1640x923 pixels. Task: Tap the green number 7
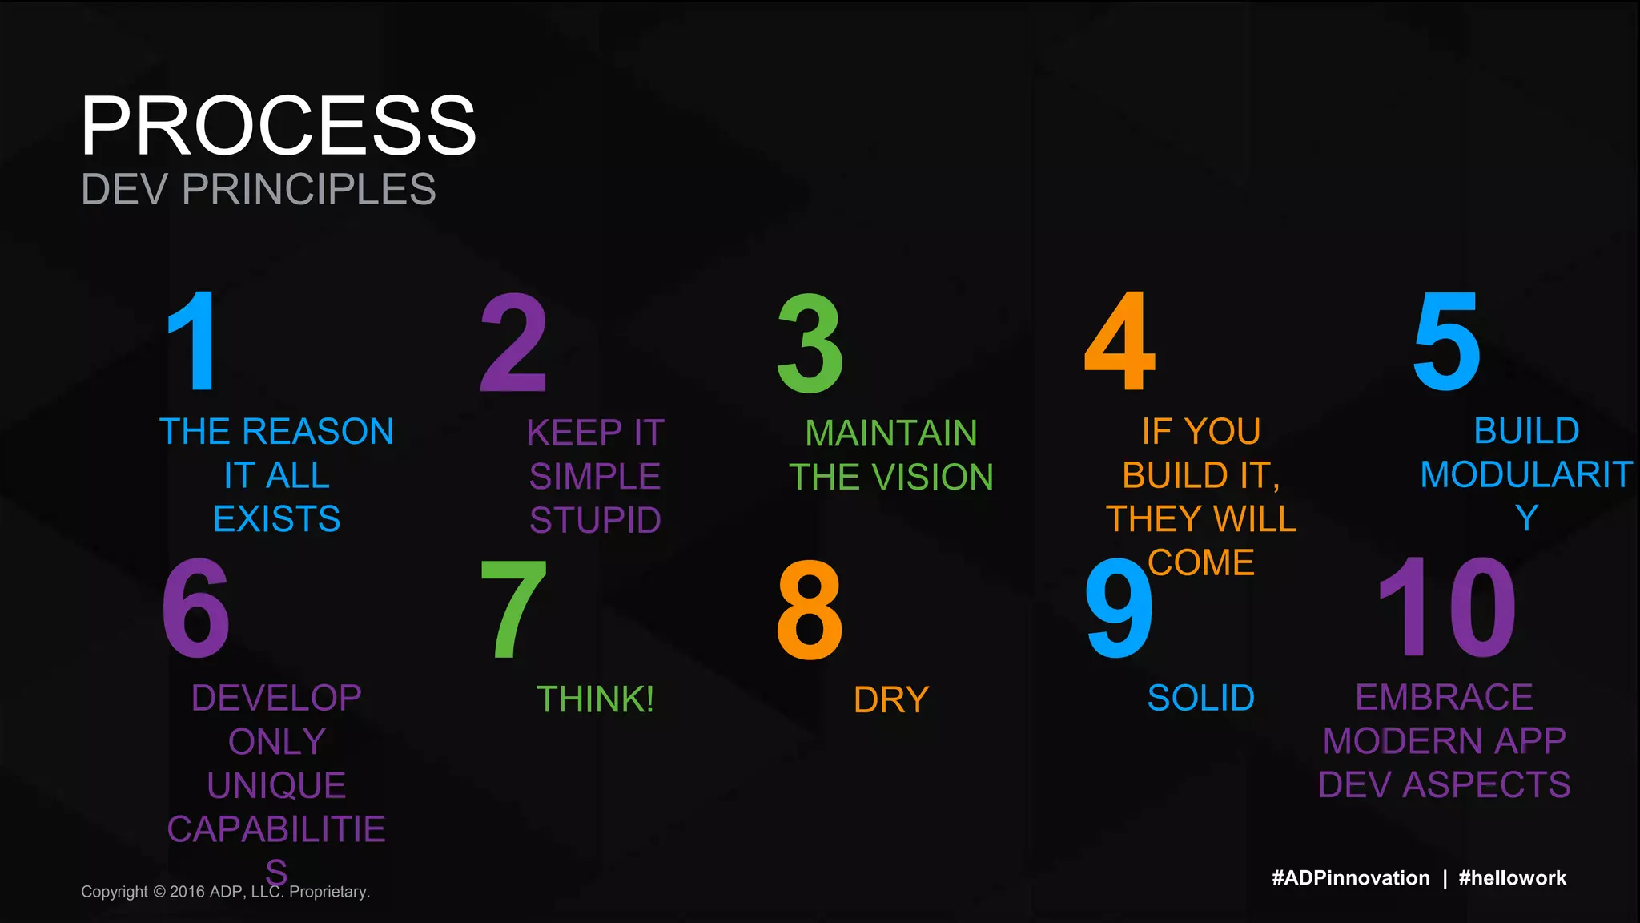(x=513, y=609)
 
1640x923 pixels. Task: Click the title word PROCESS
(x=278, y=126)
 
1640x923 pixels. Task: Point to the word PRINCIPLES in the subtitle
(x=309, y=190)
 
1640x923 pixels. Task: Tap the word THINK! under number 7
(x=595, y=699)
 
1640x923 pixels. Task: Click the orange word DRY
(x=891, y=700)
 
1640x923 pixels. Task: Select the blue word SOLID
(x=1200, y=698)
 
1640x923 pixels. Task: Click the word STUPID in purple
(x=595, y=521)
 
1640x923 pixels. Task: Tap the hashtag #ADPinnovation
(x=1350, y=878)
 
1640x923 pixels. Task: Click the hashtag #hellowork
(x=1512, y=878)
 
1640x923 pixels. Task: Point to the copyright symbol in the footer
(x=159, y=892)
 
